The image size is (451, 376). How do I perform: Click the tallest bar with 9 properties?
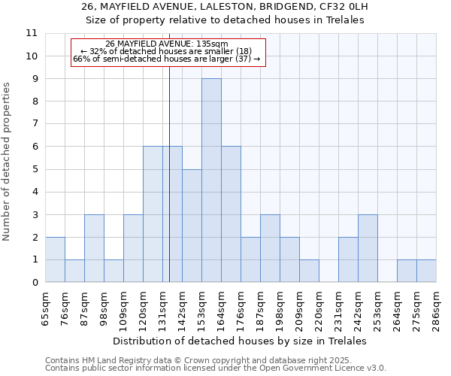pyautogui.click(x=211, y=180)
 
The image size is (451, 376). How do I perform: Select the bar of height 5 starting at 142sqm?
pyautogui.click(x=192, y=226)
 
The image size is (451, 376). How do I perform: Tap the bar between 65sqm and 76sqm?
pyautogui.click(x=55, y=259)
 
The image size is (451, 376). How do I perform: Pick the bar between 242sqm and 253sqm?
pyautogui.click(x=368, y=248)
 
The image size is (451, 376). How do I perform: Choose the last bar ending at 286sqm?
pyautogui.click(x=426, y=271)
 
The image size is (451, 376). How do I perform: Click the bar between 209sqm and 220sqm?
pyautogui.click(x=309, y=271)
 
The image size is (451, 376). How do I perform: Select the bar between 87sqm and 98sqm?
pyautogui.click(x=94, y=248)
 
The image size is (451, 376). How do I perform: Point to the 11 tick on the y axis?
pyautogui.click(x=32, y=33)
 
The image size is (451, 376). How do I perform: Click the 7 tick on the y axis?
pyautogui.click(x=35, y=124)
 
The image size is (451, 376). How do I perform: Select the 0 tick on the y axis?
pyautogui.click(x=35, y=283)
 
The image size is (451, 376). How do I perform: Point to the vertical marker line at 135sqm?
pyautogui.click(x=169, y=188)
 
